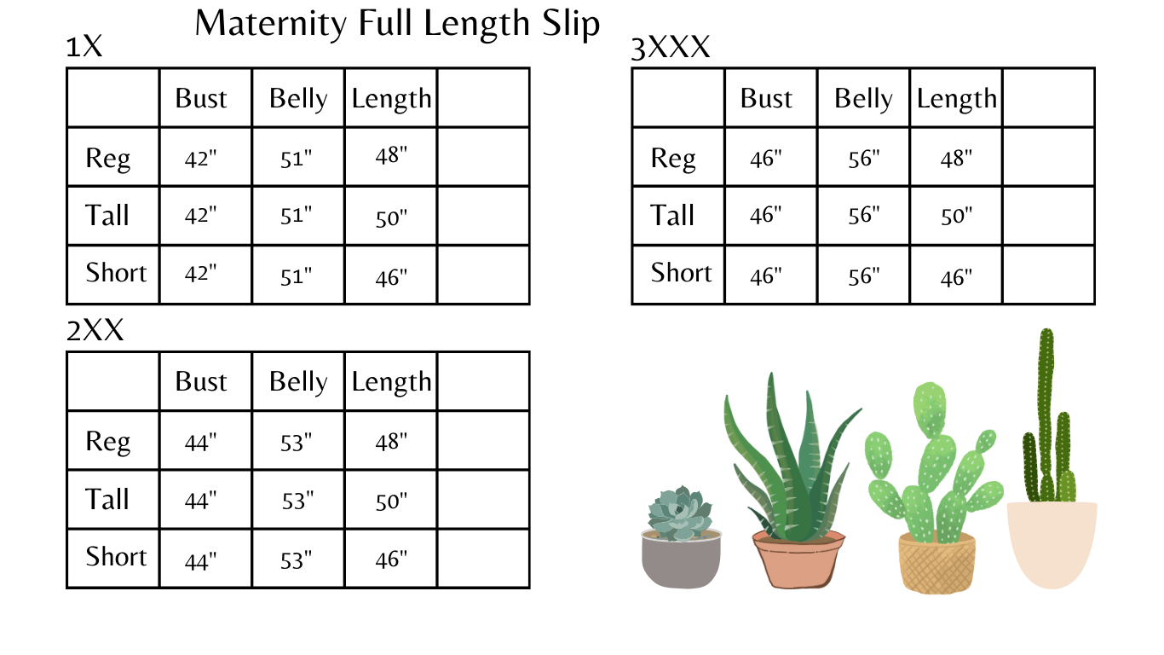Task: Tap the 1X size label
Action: click(x=84, y=47)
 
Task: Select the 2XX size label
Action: click(x=95, y=330)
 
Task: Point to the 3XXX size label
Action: click(x=671, y=49)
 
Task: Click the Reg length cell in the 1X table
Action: click(x=391, y=156)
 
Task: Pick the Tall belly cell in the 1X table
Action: click(x=297, y=217)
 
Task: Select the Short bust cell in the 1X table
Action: click(x=201, y=275)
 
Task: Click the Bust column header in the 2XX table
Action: click(x=201, y=381)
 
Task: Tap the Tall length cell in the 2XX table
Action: click(x=391, y=501)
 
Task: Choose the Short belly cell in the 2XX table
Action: click(x=297, y=560)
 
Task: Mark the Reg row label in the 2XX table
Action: click(x=108, y=442)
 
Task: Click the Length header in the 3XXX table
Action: click(x=956, y=99)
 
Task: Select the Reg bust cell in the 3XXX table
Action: click(x=766, y=159)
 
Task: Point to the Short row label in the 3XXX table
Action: click(x=681, y=273)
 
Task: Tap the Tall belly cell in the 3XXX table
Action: click(x=863, y=215)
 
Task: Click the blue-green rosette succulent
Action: click(x=680, y=513)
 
